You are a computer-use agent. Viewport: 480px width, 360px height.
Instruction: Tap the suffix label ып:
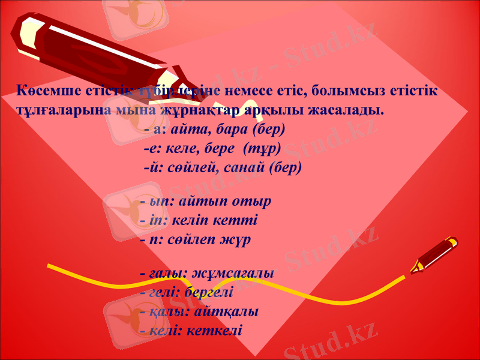tap(158, 201)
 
